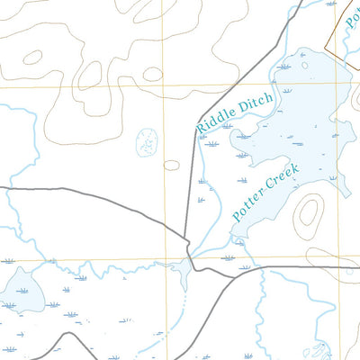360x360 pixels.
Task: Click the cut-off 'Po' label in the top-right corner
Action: [x=353, y=10]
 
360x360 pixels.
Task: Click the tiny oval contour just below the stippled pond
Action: [x=171, y=165]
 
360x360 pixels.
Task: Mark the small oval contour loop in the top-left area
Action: [x=32, y=58]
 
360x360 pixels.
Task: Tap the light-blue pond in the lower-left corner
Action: [x=22, y=290]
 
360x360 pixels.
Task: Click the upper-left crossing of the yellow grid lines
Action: [x=163, y=86]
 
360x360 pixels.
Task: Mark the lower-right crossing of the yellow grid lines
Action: [x=340, y=261]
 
